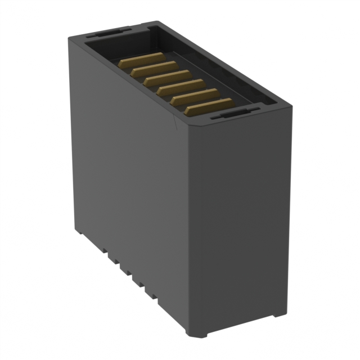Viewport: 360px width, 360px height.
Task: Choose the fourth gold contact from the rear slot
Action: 181,89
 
